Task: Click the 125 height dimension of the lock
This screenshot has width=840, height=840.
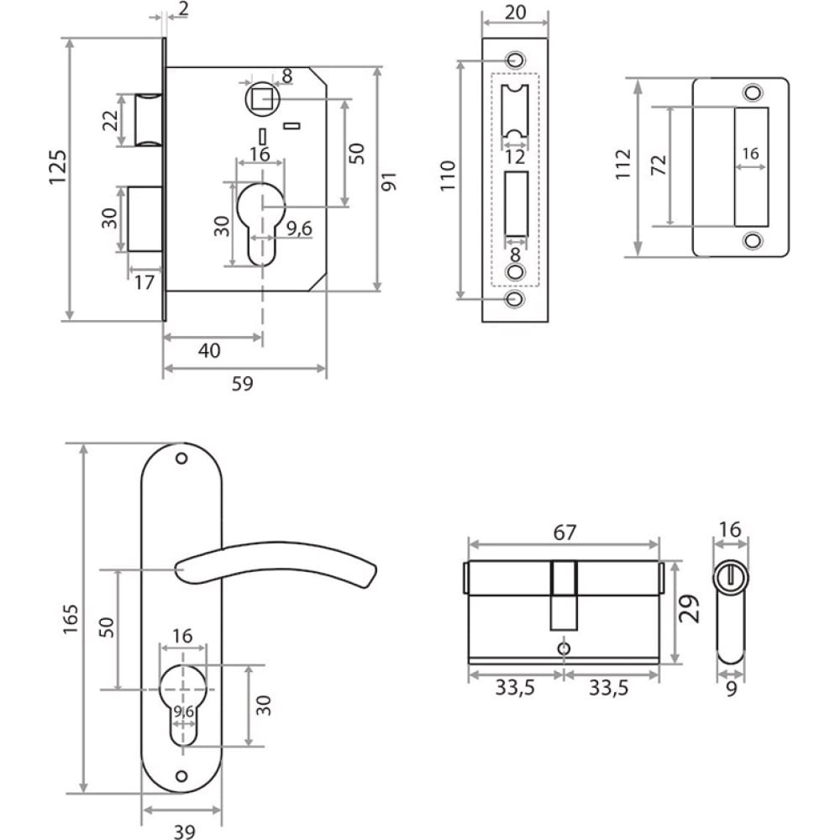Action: point(58,167)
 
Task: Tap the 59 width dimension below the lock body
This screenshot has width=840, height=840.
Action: point(242,384)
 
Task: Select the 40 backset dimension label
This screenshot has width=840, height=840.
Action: point(209,351)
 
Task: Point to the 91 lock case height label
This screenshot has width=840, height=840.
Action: point(389,182)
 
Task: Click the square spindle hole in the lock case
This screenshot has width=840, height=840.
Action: point(262,99)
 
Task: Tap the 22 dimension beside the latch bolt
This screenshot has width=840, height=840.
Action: point(110,120)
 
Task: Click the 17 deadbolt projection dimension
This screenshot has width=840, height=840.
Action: point(144,282)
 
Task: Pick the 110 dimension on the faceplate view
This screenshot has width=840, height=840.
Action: point(448,176)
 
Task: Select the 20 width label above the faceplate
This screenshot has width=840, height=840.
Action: point(516,12)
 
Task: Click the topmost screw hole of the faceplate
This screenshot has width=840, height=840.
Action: point(516,59)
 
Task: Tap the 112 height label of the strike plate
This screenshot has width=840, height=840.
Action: point(623,165)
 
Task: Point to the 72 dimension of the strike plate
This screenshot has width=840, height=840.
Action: point(659,165)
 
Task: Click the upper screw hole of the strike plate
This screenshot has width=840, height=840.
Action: point(753,92)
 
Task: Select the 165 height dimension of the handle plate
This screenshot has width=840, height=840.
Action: point(71,619)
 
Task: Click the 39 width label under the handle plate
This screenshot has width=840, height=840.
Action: point(184,831)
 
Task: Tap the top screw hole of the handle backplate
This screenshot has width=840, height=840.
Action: point(181,459)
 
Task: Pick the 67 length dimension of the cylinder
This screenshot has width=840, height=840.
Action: point(564,533)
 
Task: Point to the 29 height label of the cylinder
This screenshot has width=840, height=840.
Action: point(690,608)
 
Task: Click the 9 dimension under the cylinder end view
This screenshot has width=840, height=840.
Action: point(732,689)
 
